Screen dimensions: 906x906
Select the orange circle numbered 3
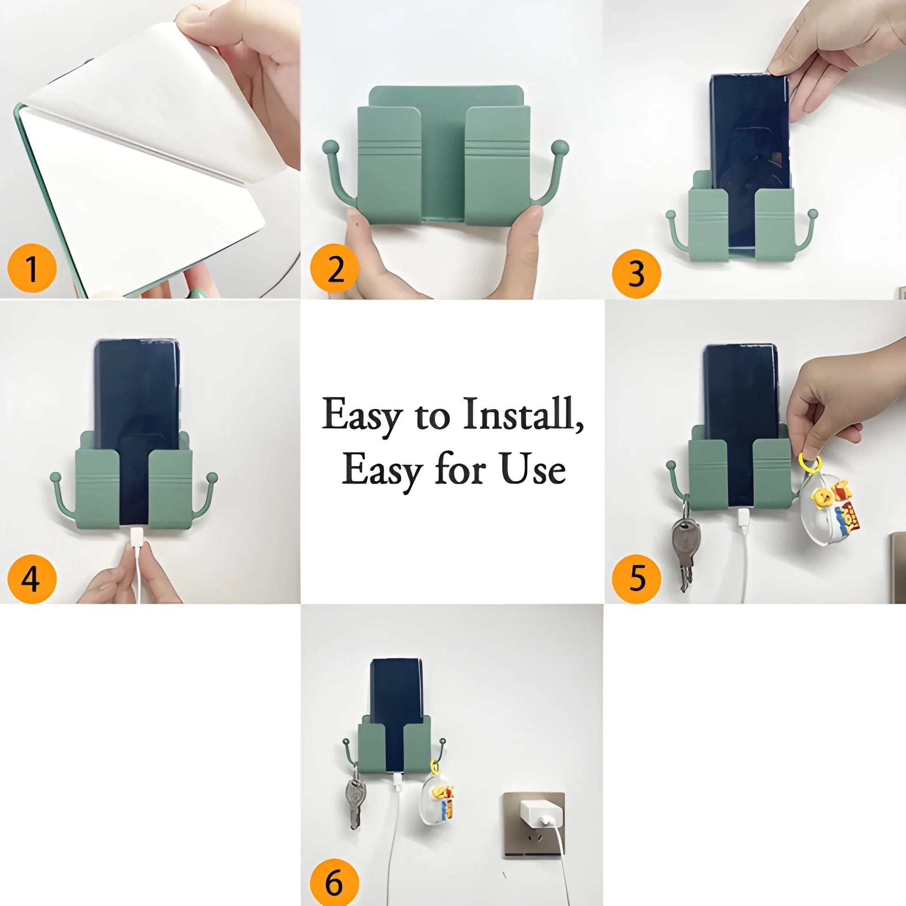tap(636, 273)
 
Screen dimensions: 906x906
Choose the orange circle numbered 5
tap(636, 578)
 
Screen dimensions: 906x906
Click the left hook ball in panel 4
tap(55, 477)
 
